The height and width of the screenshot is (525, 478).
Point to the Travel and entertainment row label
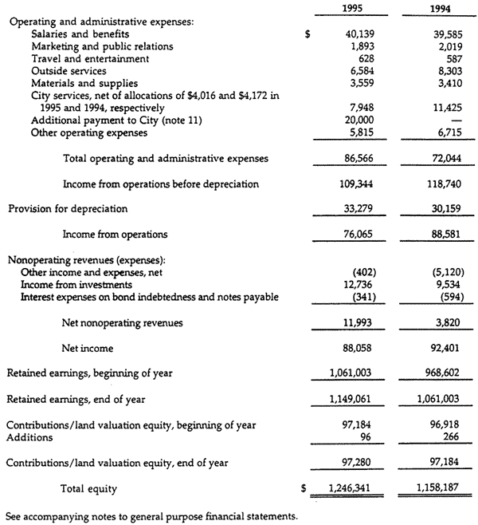pos(89,59)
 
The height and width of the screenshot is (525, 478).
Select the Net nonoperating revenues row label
pos(122,323)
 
